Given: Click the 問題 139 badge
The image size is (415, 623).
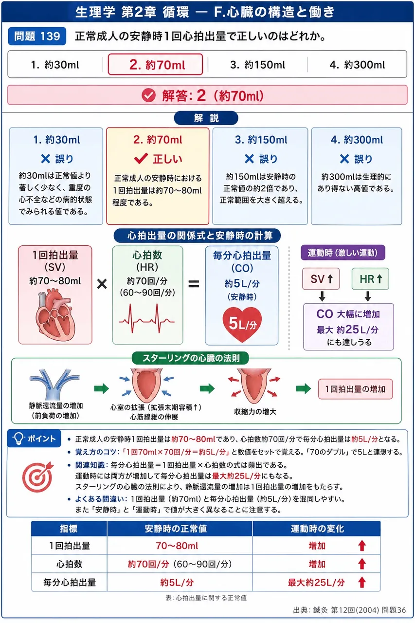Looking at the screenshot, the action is (37, 36).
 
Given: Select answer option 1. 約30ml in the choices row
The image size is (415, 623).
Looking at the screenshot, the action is (55, 65).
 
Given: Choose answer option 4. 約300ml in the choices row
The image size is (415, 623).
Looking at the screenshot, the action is (357, 65).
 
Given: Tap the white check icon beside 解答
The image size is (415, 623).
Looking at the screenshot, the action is (149, 95).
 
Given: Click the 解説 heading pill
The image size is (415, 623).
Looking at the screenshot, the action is (206, 118).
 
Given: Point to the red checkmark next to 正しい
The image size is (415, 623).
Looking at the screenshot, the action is (141, 159).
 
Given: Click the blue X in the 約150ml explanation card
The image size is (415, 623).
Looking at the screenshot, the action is (249, 159).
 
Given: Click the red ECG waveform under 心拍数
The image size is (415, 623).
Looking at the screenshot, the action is (147, 319).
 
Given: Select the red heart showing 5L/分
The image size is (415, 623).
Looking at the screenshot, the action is (242, 324).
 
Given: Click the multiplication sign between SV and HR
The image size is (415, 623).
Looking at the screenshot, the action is (102, 284).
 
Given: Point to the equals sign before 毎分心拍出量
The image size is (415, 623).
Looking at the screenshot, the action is (194, 284).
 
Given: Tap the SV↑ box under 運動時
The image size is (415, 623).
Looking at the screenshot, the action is (321, 279).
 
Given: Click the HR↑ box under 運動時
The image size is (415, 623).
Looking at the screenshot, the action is (370, 279).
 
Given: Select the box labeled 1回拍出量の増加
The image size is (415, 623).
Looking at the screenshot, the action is (356, 389).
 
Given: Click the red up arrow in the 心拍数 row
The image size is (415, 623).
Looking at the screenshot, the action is (361, 564).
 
